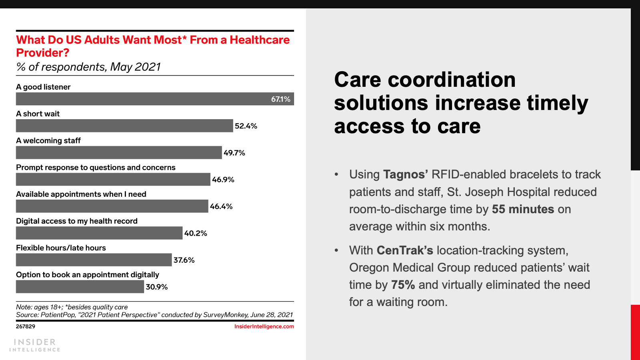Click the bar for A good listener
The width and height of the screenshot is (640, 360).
155,99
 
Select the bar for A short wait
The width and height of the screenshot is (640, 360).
124,126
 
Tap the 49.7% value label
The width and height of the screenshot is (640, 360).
234,153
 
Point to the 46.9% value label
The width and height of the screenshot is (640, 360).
223,180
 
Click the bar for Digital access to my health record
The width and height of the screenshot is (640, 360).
99,233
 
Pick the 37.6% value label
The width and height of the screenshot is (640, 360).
184,260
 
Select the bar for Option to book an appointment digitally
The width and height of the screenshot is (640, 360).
80,286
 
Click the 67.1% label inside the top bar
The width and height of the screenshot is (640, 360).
280,99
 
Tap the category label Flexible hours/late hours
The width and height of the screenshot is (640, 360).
61,248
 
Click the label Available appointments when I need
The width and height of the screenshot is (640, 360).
81,194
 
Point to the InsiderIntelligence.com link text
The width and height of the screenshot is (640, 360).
264,326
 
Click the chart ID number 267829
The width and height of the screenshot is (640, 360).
26,326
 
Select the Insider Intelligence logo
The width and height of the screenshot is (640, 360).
35,345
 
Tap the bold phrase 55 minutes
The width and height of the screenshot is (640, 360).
523,209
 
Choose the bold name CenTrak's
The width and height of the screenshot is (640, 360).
405,250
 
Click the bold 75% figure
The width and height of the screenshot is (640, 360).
403,285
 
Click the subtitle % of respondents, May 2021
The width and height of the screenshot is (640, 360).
88,67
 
